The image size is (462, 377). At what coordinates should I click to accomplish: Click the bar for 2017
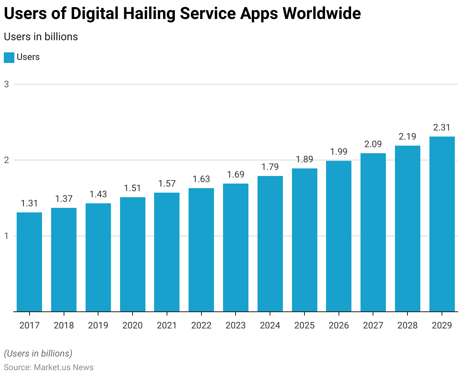click(29, 262)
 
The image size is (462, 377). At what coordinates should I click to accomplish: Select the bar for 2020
click(133, 254)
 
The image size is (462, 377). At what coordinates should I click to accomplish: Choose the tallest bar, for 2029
click(442, 224)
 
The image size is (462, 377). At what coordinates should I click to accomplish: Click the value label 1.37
click(64, 199)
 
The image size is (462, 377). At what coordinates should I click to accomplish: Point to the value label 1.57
click(167, 184)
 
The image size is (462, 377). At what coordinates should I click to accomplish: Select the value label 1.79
click(270, 167)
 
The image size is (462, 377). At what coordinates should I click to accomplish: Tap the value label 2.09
click(373, 144)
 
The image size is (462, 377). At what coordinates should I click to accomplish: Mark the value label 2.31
click(442, 127)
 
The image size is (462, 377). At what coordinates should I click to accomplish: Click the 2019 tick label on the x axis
click(98, 325)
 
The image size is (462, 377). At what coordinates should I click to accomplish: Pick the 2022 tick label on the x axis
click(201, 325)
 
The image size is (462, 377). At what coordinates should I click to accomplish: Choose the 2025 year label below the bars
click(304, 325)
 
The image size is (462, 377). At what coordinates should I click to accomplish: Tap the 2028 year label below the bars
click(407, 325)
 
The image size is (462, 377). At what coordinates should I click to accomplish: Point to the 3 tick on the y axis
click(6, 84)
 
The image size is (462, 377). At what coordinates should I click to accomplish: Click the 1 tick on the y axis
click(6, 236)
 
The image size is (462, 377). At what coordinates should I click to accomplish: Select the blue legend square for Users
click(9, 57)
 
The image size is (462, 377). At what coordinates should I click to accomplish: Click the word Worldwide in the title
click(322, 14)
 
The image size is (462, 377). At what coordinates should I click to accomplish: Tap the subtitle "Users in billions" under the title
click(41, 37)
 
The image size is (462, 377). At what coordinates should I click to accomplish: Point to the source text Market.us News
click(64, 367)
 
